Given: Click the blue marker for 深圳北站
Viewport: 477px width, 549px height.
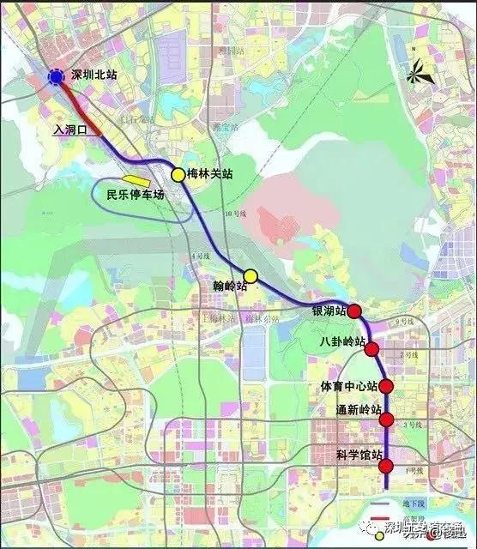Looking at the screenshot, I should tap(56, 77).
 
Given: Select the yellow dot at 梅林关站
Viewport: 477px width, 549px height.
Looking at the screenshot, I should tap(178, 175).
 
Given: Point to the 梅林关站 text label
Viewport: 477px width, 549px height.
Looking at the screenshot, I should tap(210, 174).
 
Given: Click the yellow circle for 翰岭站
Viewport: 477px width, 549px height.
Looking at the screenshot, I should tap(251, 275).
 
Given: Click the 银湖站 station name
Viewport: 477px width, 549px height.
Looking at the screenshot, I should tap(329, 311).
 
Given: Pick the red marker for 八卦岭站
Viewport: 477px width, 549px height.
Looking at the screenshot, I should tap(371, 348).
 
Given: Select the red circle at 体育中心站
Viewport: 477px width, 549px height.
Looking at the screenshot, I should tap(386, 386).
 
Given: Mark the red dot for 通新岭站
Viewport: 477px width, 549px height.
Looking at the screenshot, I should tap(387, 419).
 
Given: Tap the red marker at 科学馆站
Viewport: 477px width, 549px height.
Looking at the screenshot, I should tap(386, 467).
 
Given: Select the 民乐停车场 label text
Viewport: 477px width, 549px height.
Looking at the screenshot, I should tap(135, 194).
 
